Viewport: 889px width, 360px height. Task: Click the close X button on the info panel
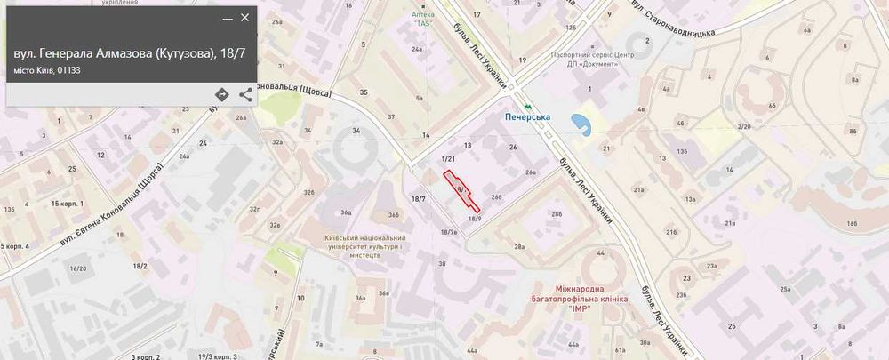pyautogui.click(x=245, y=18)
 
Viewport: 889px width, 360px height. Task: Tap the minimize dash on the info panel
pyautogui.click(x=228, y=19)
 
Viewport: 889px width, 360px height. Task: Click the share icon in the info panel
pyautogui.click(x=245, y=94)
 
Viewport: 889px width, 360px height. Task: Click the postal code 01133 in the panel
pyautogui.click(x=69, y=70)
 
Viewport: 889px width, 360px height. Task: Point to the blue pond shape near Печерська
pyautogui.click(x=581, y=123)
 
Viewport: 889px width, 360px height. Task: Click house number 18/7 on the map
pyautogui.click(x=419, y=198)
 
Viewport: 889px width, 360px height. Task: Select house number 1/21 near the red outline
pyautogui.click(x=448, y=158)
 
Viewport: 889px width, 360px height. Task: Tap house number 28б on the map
pyautogui.click(x=557, y=214)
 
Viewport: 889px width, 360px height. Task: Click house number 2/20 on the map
pyautogui.click(x=744, y=127)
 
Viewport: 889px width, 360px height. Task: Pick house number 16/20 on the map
pyautogui.click(x=78, y=268)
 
